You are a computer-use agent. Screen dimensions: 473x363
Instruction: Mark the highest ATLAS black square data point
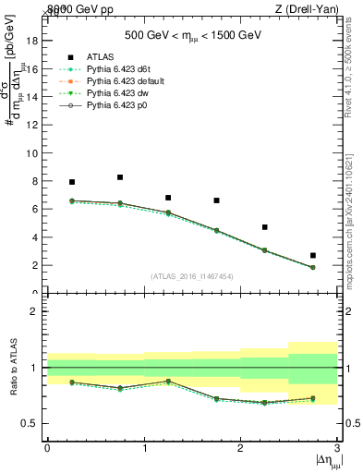point(120,177)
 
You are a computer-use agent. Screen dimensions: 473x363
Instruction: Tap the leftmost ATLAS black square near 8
point(72,182)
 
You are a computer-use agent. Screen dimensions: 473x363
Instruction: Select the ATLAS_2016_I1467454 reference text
point(192,276)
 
